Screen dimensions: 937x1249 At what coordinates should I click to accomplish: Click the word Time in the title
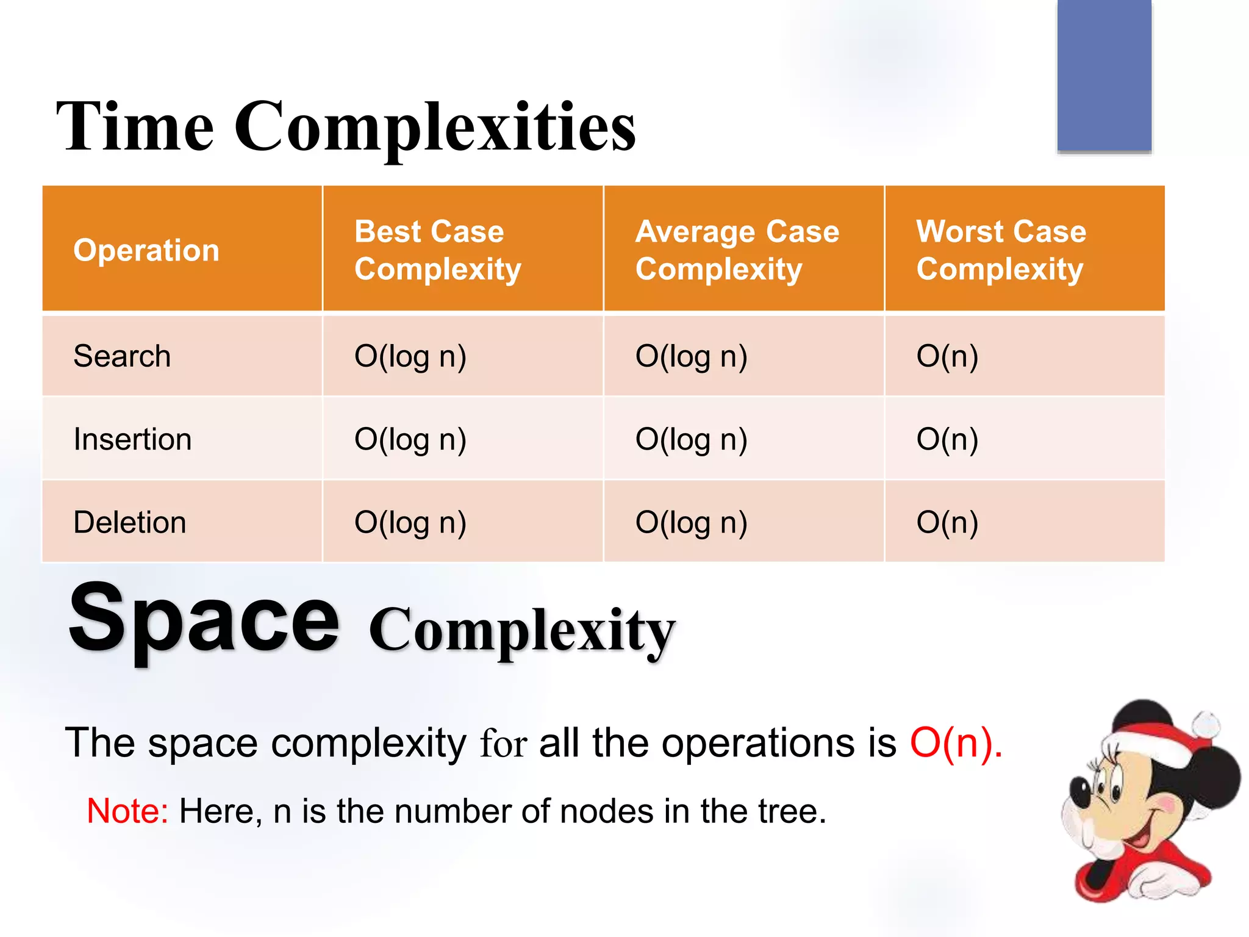[135, 127]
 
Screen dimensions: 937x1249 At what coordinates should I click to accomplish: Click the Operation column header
[146, 250]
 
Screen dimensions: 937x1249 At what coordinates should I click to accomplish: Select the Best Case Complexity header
[438, 250]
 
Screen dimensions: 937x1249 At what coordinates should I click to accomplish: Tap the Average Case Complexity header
[737, 250]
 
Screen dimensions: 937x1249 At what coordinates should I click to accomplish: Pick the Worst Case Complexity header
[1001, 250]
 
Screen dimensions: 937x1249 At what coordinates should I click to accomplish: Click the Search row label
[122, 356]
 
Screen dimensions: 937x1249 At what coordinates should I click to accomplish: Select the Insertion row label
[132, 439]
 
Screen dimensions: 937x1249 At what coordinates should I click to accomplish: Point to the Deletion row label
[129, 523]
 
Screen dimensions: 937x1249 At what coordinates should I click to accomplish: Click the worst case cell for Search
[947, 356]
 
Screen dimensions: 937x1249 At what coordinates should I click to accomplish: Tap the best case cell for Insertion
[410, 439]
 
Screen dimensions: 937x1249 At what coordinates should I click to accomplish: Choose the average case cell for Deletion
[691, 523]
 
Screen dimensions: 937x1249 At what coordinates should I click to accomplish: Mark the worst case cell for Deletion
[947, 523]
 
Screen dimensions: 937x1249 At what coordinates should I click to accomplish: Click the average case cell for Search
[691, 356]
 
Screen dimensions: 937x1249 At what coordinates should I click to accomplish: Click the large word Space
[203, 619]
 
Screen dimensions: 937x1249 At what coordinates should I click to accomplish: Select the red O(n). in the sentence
[956, 743]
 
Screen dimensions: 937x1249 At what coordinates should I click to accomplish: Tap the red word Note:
[127, 811]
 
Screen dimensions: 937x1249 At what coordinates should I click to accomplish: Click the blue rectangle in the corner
[1104, 74]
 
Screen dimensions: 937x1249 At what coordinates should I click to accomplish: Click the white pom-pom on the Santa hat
[1206, 725]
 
